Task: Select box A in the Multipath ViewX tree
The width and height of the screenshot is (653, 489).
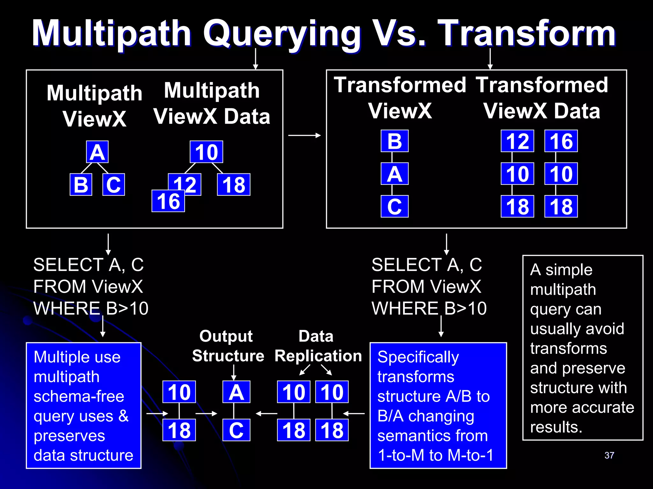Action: pos(97,152)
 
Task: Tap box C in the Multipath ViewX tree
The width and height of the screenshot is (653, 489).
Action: pos(114,185)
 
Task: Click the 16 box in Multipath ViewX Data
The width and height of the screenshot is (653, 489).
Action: pos(168,201)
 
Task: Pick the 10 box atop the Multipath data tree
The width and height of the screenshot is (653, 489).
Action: pos(206,152)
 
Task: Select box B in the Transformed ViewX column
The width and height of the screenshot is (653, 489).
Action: pos(394,141)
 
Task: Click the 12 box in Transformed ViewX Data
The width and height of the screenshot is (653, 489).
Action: pos(517,141)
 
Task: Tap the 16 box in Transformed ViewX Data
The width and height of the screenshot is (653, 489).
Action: pos(561,141)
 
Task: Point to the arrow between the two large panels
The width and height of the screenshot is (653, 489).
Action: pos(304,135)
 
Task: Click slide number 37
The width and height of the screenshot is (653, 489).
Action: pos(609,455)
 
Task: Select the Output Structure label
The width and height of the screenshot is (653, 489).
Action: pos(228,346)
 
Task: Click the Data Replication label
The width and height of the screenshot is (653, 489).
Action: pos(318,346)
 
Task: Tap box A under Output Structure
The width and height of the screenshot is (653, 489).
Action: pos(236,392)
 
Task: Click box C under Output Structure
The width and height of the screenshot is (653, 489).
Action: pos(236,430)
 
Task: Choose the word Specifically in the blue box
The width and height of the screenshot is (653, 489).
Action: pos(418,357)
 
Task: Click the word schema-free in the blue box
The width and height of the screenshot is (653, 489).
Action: pos(79,397)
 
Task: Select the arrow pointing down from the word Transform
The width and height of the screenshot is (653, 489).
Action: pos(490,59)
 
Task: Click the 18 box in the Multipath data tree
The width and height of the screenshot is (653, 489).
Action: pos(234,185)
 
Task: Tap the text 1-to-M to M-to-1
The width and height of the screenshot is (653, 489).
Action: pos(435,455)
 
